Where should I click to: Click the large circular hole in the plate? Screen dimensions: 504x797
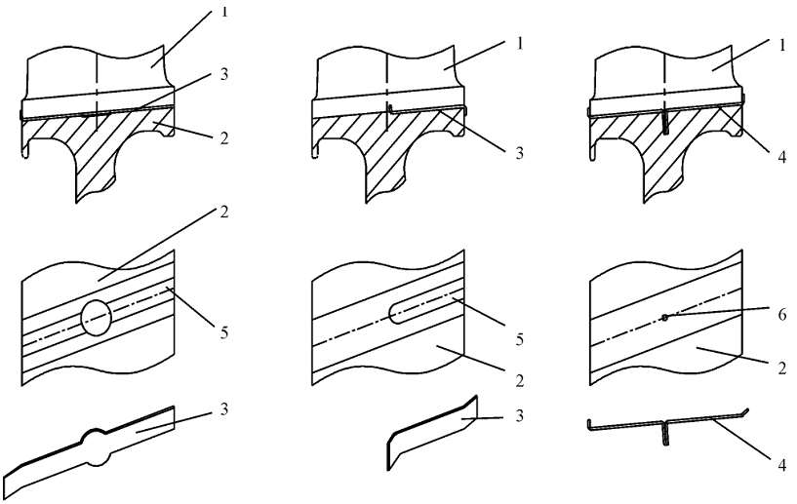(x=96, y=319)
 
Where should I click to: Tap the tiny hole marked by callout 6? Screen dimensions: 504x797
(x=664, y=317)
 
